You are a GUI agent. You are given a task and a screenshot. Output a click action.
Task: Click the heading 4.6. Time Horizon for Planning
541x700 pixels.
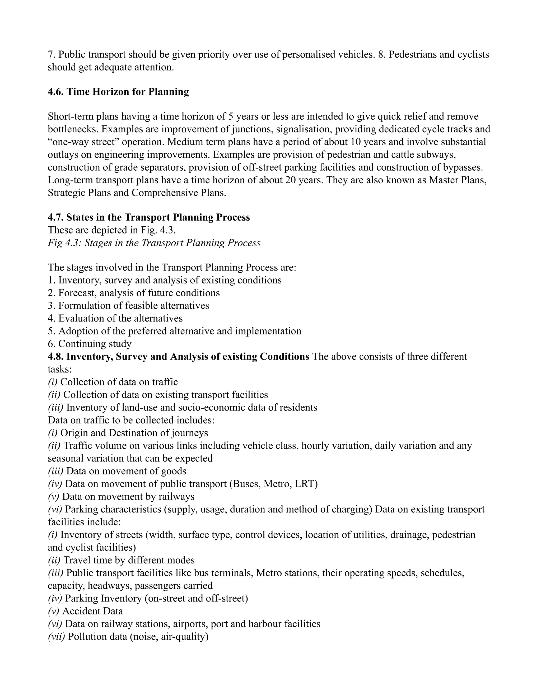click(118, 92)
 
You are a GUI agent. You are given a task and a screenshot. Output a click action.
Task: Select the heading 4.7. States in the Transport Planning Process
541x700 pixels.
click(149, 217)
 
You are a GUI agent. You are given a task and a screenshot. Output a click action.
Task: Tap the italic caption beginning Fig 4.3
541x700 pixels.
click(154, 243)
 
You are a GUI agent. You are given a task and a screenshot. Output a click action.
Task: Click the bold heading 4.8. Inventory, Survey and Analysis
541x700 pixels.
click(178, 356)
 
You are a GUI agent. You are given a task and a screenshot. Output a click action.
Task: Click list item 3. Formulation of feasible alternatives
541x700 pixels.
click(128, 305)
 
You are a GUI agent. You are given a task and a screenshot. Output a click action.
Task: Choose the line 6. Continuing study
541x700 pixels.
click(90, 344)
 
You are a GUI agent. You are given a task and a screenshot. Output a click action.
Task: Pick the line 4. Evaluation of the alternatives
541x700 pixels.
click(115, 318)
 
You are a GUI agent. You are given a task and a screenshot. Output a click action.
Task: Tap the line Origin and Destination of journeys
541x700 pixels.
click(134, 433)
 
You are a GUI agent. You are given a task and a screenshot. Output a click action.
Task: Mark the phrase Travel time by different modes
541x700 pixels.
click(129, 560)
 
